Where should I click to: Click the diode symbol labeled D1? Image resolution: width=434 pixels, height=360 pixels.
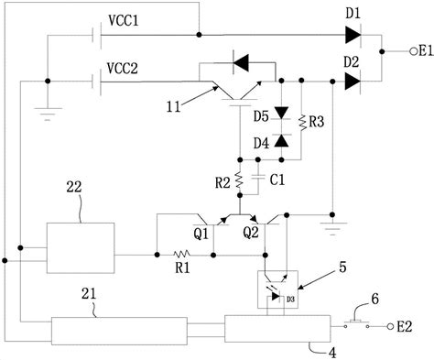coord(353,35)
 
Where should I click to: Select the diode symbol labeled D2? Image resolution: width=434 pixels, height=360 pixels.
coord(353,82)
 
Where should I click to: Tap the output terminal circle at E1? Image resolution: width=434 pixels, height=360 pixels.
coord(414,51)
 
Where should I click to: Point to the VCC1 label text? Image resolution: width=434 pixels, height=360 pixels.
coord(124,21)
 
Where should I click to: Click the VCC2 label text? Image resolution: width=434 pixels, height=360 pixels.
coord(123,68)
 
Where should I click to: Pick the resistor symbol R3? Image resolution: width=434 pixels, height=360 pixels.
coord(302,123)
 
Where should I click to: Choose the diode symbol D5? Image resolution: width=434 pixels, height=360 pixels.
coord(281,114)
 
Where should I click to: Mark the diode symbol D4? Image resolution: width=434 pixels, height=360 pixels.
coord(281,140)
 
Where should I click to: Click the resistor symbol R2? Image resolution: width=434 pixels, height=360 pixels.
coord(240,180)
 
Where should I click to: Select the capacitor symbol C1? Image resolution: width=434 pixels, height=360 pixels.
coord(258,177)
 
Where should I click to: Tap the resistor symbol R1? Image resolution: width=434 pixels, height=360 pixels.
coord(181,254)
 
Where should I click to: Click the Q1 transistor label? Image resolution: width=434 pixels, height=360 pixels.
coord(201,235)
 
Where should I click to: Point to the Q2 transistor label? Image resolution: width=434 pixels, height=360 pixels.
coord(251,233)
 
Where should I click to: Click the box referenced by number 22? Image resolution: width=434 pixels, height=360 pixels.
coord(81,248)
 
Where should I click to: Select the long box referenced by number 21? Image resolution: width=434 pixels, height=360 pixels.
coord(119,331)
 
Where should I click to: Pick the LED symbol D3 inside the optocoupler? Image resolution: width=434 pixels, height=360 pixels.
coord(276,296)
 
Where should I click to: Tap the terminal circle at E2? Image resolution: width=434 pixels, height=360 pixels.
coord(390,326)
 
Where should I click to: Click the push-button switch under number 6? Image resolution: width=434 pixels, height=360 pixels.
coord(356,324)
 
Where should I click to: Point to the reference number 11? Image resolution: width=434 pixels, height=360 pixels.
coord(174,107)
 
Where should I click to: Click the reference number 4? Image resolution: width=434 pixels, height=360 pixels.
coord(332,353)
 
